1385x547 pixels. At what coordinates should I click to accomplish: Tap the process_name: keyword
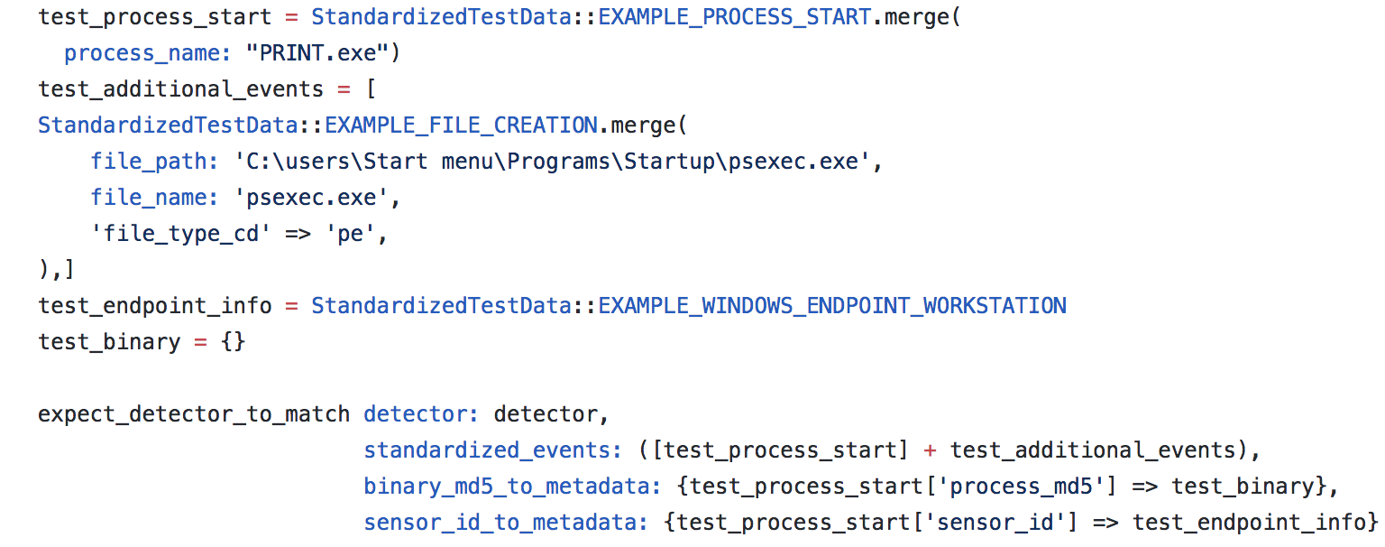[x=148, y=53]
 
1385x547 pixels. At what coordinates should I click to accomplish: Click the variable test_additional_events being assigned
[x=180, y=89]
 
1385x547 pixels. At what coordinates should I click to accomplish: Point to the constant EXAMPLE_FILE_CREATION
[x=461, y=125]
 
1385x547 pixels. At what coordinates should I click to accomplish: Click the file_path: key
[x=154, y=162]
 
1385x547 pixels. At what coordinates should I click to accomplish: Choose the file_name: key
[x=154, y=198]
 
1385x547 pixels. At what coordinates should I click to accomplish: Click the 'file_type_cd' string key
[x=180, y=234]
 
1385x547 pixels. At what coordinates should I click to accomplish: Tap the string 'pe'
[x=356, y=234]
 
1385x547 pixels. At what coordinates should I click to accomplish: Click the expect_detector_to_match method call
[x=194, y=414]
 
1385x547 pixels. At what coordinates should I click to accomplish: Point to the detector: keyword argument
[x=421, y=414]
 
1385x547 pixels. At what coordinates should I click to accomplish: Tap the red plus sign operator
[x=930, y=450]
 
